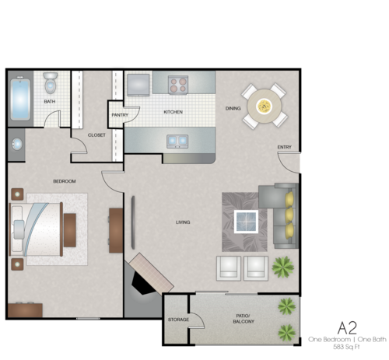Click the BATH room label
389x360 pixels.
pyautogui.click(x=50, y=102)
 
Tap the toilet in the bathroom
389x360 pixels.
pyautogui.click(x=51, y=82)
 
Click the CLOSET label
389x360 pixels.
pyautogui.click(x=96, y=135)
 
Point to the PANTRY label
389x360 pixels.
pyautogui.click(x=120, y=115)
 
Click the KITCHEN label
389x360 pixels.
pyautogui.click(x=173, y=112)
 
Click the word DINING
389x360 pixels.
pyautogui.click(x=233, y=108)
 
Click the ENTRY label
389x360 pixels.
pyautogui.click(x=284, y=148)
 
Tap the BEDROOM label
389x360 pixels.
pyautogui.click(x=65, y=181)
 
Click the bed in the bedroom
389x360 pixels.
pyautogui.click(x=37, y=228)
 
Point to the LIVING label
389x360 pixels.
pyautogui.click(x=183, y=222)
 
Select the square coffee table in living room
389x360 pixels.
pyautogui.click(x=247, y=222)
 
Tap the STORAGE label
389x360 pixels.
pyautogui.click(x=178, y=320)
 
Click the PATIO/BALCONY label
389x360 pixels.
pyautogui.click(x=244, y=318)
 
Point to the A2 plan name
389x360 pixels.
pyautogui.click(x=347, y=327)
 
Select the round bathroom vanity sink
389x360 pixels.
pyautogui.click(x=16, y=143)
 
